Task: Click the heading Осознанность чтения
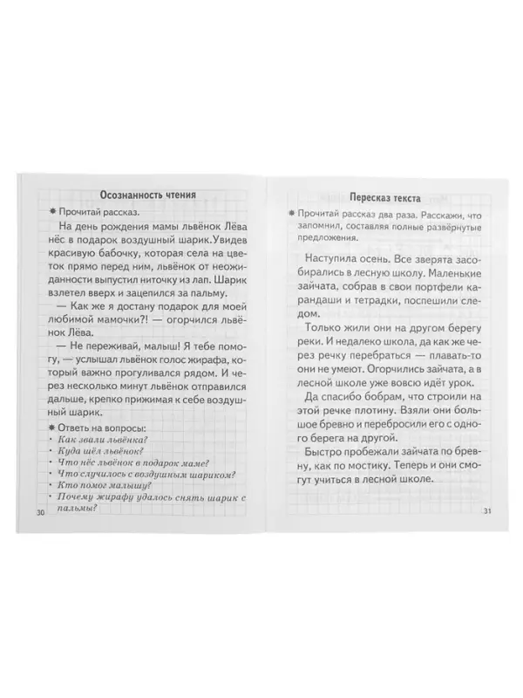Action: pyautogui.click(x=147, y=195)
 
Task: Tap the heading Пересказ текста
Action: pyautogui.click(x=376, y=198)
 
